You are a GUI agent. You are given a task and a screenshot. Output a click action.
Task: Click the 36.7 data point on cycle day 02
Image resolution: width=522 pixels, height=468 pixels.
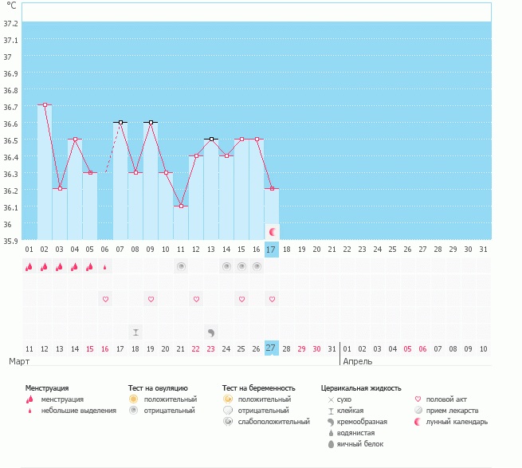pos(45,104)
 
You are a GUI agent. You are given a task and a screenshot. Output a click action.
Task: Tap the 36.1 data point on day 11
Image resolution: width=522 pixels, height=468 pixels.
pos(181,206)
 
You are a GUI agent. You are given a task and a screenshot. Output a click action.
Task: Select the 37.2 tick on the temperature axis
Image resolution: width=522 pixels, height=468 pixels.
pos(11,24)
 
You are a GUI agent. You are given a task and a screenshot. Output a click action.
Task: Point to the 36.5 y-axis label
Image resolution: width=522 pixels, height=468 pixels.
pos(11,140)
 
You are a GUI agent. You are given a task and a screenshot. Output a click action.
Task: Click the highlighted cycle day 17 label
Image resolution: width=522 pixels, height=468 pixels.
pos(271,250)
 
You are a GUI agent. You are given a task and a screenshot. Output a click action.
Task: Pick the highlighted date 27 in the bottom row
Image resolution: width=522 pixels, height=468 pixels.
pos(271,348)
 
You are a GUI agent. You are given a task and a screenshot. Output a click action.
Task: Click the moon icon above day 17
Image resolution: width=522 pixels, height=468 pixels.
pos(272,231)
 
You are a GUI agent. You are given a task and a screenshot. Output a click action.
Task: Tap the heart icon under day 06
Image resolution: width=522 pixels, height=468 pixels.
pos(105,299)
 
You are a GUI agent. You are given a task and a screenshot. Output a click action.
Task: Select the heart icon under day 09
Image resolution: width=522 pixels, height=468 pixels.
pos(151,299)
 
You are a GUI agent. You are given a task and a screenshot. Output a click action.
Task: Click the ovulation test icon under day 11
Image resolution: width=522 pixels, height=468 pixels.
pos(181,266)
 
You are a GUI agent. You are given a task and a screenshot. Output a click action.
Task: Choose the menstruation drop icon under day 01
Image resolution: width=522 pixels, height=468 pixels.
pos(29,266)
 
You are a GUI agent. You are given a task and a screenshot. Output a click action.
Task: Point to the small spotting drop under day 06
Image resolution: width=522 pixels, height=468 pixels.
pos(105,267)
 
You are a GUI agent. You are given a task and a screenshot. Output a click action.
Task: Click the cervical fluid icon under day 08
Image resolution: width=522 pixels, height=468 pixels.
pos(135,332)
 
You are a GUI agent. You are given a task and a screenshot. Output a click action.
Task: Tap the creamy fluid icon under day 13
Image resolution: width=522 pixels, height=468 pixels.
pos(211,332)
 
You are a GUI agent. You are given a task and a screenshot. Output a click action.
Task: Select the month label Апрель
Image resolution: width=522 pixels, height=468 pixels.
pos(357,361)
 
